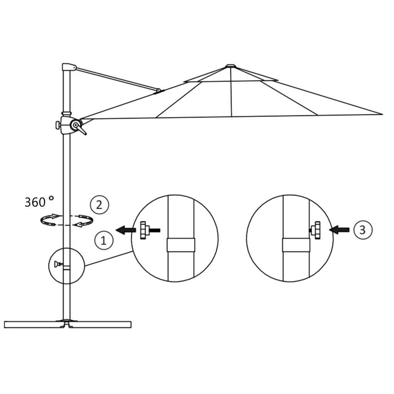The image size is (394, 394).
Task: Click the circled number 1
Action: pos(103,240)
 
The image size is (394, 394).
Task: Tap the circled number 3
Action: pos(362,230)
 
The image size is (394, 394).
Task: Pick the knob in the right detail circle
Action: pos(317,230)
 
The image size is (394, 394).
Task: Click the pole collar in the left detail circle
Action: pos(181,245)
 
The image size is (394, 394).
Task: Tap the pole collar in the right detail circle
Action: pos(296,245)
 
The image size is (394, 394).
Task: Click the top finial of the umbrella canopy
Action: pos(230,66)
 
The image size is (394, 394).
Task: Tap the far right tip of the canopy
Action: pos(381,114)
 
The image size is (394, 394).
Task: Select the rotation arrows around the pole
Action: pos(67,220)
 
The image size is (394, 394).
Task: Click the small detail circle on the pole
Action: pos(67,266)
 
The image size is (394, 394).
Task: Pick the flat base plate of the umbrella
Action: pos(67,324)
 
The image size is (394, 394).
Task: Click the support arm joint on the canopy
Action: pos(158,90)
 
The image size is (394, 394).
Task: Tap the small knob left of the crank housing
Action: pos(58,125)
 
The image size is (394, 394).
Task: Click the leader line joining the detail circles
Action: pos(109,259)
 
